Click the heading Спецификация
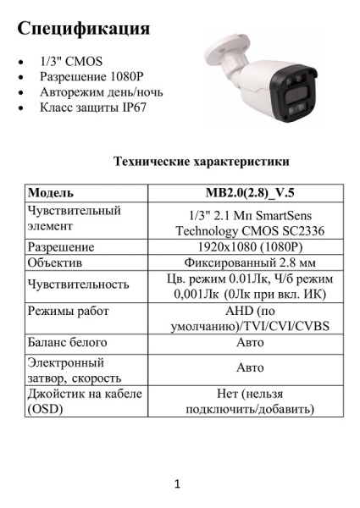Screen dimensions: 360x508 (84, 28)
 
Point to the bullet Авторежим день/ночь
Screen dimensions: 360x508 (101, 91)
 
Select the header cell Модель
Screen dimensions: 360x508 (51, 192)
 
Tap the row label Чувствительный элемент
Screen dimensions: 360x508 (75, 218)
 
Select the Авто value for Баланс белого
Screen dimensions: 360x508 (249, 343)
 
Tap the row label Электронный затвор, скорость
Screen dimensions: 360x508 (75, 368)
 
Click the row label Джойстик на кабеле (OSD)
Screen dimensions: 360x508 (82, 401)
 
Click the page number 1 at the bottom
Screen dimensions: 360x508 (178, 485)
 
